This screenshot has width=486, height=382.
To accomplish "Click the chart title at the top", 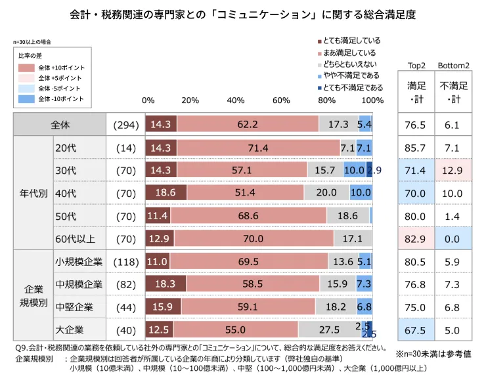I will click(x=243, y=14).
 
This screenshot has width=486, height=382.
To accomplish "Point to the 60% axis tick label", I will click(x=280, y=100).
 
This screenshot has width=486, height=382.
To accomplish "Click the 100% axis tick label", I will click(x=372, y=100).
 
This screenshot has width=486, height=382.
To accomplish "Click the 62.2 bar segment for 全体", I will click(x=248, y=124).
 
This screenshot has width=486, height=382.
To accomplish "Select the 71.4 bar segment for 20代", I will click(x=258, y=148).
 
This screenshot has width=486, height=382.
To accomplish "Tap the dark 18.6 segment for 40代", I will click(x=166, y=192).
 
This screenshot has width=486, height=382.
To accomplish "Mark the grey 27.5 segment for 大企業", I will click(x=330, y=329).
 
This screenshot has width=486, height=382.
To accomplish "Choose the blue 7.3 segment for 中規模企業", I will click(x=364, y=284).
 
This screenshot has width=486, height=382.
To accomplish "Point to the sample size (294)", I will click(x=125, y=124).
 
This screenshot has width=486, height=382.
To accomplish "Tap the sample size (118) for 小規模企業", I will click(x=125, y=261).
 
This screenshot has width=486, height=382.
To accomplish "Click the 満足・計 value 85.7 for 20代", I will click(x=416, y=148).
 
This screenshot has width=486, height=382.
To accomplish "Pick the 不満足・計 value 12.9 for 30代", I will click(x=453, y=171).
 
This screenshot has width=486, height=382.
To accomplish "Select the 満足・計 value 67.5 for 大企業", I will click(x=416, y=329).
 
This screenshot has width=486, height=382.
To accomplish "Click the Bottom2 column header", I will click(x=453, y=66).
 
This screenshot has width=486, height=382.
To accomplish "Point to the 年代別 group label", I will click(x=32, y=193).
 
